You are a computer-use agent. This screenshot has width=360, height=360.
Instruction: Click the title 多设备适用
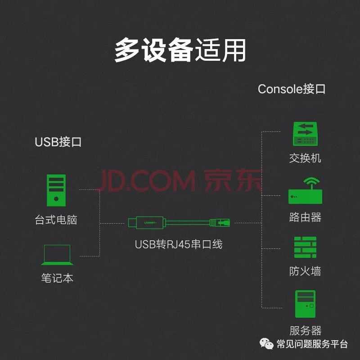tap(180, 49)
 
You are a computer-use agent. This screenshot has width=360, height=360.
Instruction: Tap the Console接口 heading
tap(291, 89)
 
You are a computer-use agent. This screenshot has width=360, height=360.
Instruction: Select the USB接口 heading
tap(58, 142)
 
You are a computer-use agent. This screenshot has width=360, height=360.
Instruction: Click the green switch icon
tap(305, 134)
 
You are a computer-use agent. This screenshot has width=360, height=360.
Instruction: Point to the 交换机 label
tap(305, 158)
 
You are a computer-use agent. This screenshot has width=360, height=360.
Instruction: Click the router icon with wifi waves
tap(305, 191)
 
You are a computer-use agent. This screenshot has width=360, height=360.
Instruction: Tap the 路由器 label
tap(305, 217)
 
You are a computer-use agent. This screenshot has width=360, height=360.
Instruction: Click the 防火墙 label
tap(305, 271)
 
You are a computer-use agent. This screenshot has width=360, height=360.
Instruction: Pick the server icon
tap(305, 305)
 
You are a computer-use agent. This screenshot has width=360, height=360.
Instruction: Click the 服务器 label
tap(305, 331)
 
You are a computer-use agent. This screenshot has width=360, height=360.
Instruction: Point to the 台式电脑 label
tap(56, 220)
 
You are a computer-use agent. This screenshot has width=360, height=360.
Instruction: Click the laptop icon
tap(57, 255)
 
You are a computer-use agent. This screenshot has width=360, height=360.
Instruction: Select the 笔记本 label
tap(57, 278)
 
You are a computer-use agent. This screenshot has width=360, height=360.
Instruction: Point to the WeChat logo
tap(267, 344)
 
